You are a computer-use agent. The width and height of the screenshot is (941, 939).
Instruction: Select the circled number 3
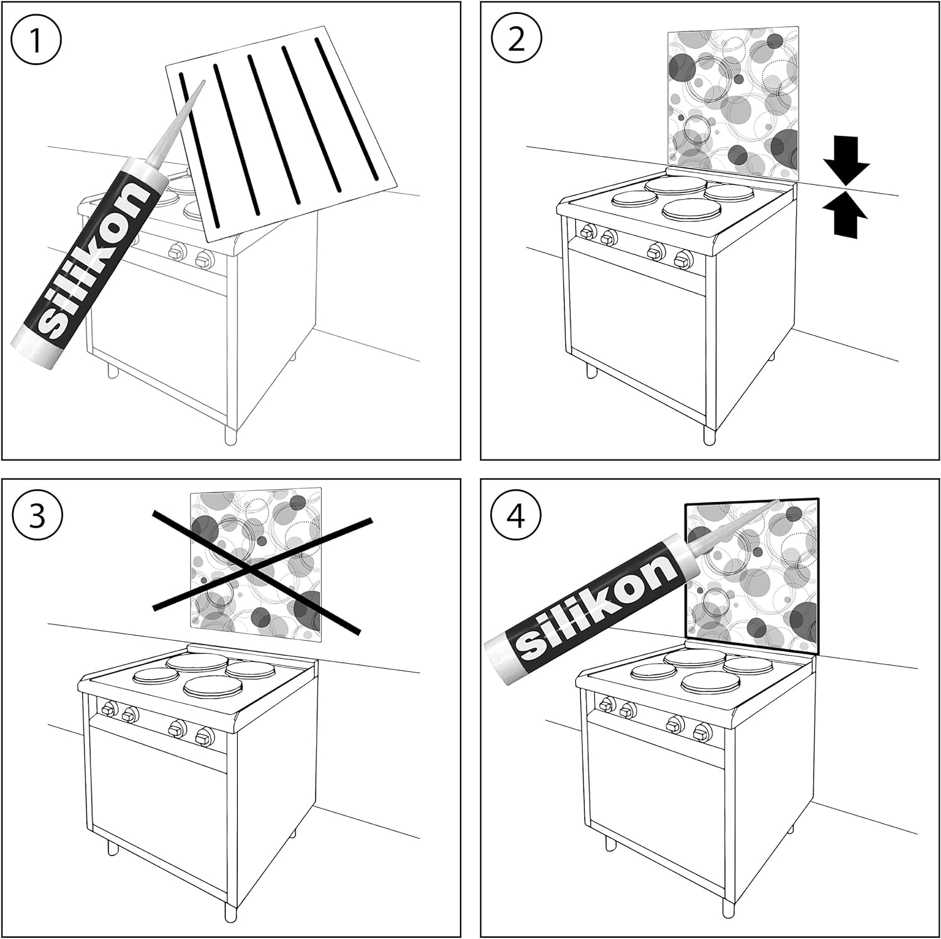[x=37, y=518]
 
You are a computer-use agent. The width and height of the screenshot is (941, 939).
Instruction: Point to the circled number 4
[x=516, y=518]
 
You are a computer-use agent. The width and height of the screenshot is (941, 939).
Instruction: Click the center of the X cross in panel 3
[x=252, y=569]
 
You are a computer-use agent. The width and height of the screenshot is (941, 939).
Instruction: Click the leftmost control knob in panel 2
[x=587, y=232]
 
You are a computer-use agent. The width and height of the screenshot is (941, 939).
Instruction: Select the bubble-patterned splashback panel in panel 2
[x=733, y=104]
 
